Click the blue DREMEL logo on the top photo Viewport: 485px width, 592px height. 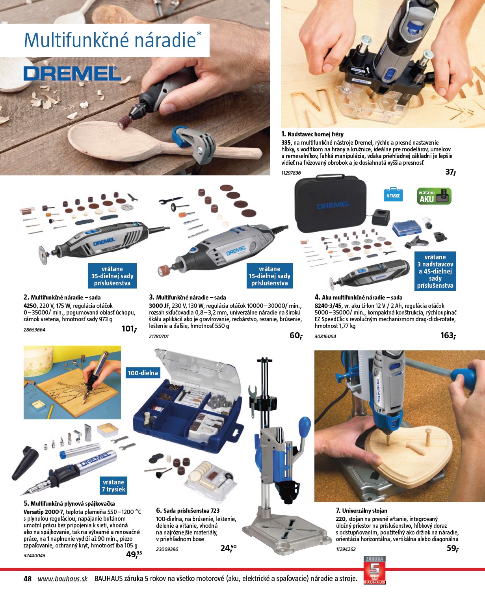tap(72, 74)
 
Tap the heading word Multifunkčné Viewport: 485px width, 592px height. tap(77, 40)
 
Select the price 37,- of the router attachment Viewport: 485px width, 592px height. tap(450, 172)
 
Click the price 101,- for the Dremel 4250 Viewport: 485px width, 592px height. tap(129, 329)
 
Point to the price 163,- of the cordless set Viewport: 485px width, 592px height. tap(448, 335)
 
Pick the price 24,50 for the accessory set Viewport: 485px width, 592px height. tap(229, 547)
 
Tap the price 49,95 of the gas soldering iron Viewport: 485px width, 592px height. tap(134, 555)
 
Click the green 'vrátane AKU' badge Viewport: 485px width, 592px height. tap(434, 196)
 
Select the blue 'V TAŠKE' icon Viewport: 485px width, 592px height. tap(393, 195)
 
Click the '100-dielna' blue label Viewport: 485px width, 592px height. tap(143, 373)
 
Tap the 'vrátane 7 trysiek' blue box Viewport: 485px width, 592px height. tap(113, 485)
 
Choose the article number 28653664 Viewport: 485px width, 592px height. tap(34, 330)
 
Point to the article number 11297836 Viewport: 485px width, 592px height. tap(291, 173)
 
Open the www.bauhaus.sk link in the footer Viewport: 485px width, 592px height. tap(63, 579)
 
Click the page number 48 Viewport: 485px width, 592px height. tap(28, 579)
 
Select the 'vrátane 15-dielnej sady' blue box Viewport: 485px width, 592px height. tap(270, 276)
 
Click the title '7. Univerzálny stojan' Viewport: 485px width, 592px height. tap(362, 510)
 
